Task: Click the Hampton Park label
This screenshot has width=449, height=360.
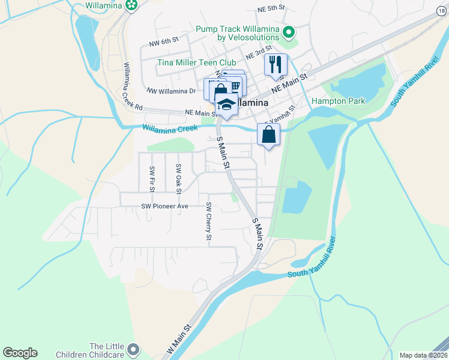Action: click(338, 101)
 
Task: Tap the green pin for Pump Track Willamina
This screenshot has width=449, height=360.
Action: click(289, 32)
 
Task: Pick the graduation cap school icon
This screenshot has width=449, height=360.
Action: click(226, 104)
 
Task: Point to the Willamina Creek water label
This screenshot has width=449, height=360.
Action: click(170, 128)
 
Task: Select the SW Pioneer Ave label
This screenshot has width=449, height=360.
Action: click(165, 206)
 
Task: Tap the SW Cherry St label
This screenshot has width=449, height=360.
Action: click(208, 223)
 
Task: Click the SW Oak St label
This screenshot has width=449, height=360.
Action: click(178, 179)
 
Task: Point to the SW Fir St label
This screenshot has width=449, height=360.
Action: click(152, 179)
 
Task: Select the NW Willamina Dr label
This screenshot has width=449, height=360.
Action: click(171, 91)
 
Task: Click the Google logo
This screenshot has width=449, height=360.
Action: click(20, 353)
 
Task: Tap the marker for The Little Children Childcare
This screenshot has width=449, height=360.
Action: click(133, 349)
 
